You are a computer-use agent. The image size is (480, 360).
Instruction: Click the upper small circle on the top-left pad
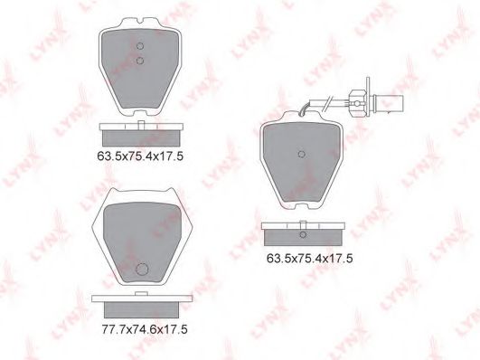click(139, 46)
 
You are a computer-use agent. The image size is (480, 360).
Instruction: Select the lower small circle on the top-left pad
click(139, 61)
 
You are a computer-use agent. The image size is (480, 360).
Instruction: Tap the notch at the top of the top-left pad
click(139, 22)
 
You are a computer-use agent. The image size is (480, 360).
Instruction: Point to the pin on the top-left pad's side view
click(141, 125)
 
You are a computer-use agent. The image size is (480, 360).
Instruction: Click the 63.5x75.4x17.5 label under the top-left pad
click(140, 156)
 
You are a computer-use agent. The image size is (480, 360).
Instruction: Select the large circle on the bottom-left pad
click(142, 270)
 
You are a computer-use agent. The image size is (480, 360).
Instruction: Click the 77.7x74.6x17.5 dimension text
click(145, 329)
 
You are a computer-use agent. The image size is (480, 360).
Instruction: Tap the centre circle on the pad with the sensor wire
click(302, 154)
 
